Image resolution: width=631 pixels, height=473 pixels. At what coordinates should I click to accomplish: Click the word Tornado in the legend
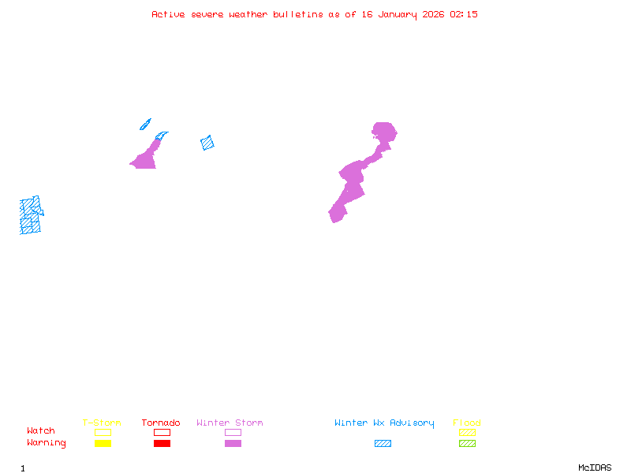(x=161, y=423)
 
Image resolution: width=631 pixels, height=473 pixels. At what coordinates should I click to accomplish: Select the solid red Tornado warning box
(x=162, y=444)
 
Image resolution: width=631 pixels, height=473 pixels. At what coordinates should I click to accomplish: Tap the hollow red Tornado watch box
(x=162, y=432)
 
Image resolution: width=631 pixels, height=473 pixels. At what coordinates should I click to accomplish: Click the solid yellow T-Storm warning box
(x=103, y=444)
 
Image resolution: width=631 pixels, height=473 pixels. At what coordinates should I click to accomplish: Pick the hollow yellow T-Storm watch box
(x=103, y=432)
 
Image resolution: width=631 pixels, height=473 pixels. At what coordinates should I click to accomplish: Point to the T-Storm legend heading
(x=102, y=423)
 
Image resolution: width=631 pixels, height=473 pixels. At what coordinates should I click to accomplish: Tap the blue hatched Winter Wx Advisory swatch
(x=383, y=444)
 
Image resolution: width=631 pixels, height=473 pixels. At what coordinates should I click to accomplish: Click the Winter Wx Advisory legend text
(x=384, y=423)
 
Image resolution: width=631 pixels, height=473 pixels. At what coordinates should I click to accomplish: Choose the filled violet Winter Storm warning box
(x=233, y=444)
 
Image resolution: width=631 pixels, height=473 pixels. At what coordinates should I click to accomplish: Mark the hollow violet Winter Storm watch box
(x=233, y=432)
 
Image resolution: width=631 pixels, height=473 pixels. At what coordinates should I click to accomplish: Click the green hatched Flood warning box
(x=467, y=444)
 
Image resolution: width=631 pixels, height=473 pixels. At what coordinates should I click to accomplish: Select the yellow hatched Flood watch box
(x=467, y=432)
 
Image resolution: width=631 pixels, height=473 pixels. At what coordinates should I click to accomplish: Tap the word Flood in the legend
(x=467, y=423)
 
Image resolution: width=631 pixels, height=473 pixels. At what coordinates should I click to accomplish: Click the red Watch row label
(x=41, y=431)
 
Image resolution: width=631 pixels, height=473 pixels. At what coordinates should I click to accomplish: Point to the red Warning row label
(x=47, y=443)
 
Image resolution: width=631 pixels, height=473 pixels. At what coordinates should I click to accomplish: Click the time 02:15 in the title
(x=464, y=14)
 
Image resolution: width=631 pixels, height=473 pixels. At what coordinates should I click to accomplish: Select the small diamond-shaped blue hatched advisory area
(x=207, y=143)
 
